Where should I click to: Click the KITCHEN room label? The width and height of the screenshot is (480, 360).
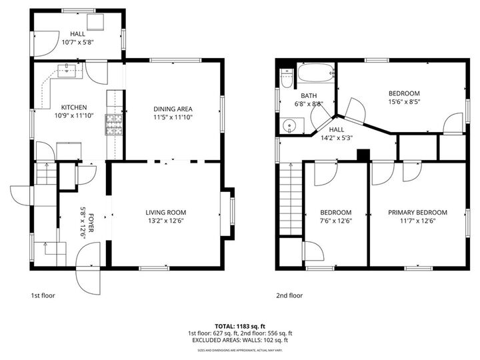73,107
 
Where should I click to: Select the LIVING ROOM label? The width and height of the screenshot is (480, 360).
165,213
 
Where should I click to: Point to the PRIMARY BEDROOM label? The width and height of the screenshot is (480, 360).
417,213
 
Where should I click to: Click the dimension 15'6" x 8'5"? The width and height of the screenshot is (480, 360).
404,101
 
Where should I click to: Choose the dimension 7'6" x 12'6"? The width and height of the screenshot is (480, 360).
335,221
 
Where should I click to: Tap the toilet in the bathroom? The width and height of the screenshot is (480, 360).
286,80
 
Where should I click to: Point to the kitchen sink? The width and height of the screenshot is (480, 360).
69,69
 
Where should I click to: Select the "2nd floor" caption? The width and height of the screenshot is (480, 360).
289,295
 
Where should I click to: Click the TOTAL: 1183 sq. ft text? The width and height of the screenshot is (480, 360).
240,326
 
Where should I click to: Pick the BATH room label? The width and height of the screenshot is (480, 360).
308,95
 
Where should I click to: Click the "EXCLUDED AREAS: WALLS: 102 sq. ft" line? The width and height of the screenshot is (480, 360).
240,340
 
